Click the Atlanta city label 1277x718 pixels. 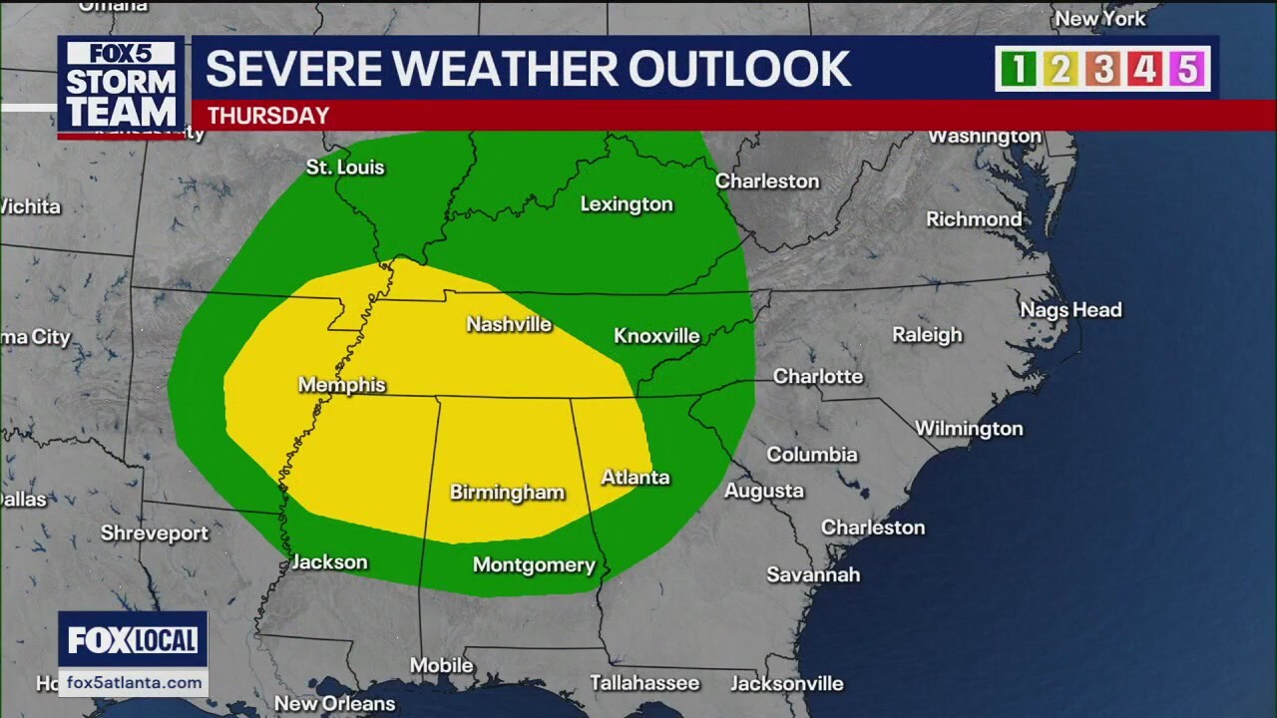click(635, 478)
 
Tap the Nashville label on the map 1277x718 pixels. click(509, 324)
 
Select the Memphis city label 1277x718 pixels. click(341, 385)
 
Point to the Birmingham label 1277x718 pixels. click(507, 493)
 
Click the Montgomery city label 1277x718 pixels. click(534, 565)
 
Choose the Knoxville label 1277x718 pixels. click(656, 336)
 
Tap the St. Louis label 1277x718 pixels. click(344, 168)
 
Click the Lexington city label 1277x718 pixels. click(627, 204)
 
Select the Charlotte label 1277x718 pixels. click(818, 377)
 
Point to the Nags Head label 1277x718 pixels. click(1070, 310)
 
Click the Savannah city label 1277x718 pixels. click(813, 574)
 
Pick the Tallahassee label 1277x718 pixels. click(644, 683)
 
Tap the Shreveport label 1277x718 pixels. click(155, 534)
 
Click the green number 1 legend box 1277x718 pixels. click(1019, 69)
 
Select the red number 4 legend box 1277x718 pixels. click(1144, 69)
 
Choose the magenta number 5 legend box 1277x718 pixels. click(1186, 69)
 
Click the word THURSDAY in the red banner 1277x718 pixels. click(267, 116)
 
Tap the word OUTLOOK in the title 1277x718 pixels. click(739, 69)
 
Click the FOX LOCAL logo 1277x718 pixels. click(133, 640)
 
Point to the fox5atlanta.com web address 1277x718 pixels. click(134, 682)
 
